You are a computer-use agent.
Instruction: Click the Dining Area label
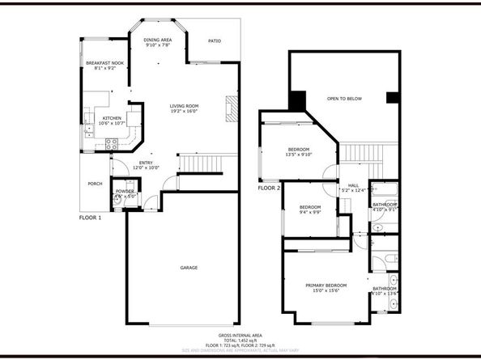point(157,40)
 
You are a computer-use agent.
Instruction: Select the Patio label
point(215,40)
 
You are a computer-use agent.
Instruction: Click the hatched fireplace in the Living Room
point(230,109)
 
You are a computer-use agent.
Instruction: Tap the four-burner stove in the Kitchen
point(113,143)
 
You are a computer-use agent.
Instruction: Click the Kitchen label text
point(112,118)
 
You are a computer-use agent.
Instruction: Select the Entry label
point(146,163)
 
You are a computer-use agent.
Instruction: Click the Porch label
point(95,184)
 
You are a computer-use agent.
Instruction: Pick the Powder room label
point(125,191)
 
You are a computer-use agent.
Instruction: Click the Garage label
point(189,268)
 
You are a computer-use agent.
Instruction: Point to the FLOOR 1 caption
point(90,218)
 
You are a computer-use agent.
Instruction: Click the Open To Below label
point(344,99)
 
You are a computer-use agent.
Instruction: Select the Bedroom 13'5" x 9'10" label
point(299,150)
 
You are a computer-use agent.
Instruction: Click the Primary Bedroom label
point(326,286)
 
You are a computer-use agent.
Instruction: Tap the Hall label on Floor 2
point(354,184)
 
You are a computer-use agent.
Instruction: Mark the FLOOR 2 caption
point(269,188)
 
